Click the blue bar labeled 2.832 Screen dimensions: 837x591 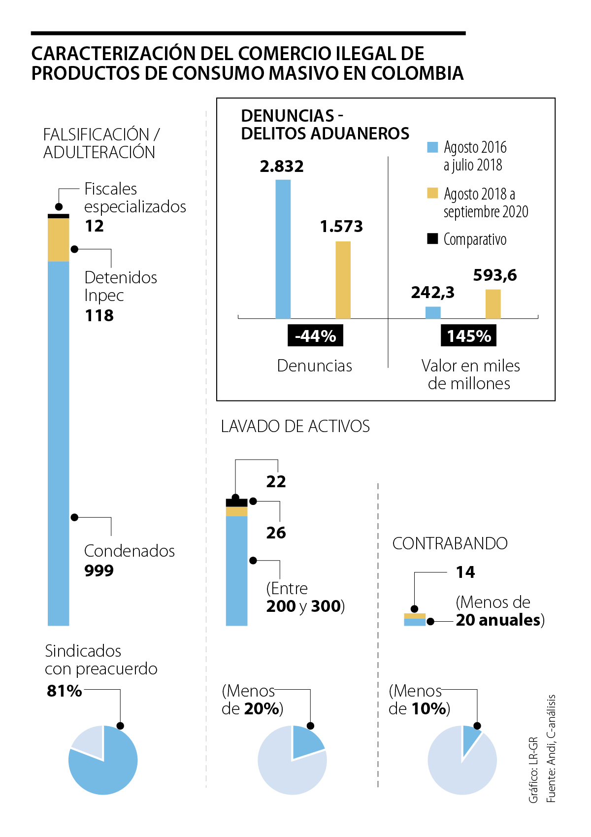(283, 249)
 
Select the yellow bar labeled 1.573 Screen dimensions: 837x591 (343, 280)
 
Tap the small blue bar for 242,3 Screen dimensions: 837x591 (433, 312)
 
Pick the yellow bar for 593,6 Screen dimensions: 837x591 (493, 304)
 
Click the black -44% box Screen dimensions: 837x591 (315, 336)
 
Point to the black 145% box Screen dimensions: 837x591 (468, 336)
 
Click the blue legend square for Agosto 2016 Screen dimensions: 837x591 (432, 147)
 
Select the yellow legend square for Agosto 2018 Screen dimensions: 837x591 (432, 193)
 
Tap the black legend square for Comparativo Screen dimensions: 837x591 (432, 239)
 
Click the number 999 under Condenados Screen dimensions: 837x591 (99, 570)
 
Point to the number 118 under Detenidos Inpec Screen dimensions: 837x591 (99, 315)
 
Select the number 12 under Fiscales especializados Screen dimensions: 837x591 (95, 226)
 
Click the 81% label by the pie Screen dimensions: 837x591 (64, 691)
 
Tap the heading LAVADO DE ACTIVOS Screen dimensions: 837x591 (295, 426)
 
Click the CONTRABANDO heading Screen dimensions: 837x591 (450, 543)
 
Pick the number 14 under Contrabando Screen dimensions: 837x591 (465, 572)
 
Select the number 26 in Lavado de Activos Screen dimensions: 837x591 (276, 533)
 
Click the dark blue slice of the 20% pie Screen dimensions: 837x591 (306, 741)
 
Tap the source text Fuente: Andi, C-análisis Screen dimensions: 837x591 (551, 748)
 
